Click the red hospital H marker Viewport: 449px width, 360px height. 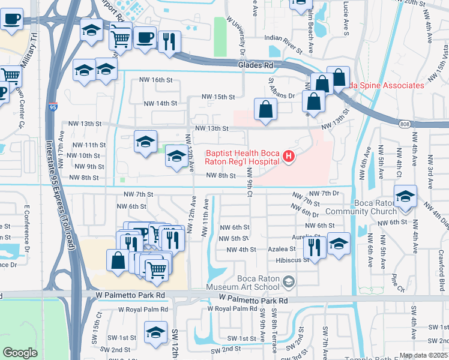(x=289, y=157)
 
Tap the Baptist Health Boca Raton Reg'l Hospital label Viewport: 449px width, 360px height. (x=243, y=157)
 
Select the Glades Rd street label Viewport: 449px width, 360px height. (x=255, y=65)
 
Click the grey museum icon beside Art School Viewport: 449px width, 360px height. (x=289, y=281)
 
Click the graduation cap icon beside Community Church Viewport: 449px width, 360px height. (x=405, y=197)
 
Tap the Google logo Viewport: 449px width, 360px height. (x=20, y=353)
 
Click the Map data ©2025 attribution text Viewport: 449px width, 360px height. (x=423, y=355)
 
